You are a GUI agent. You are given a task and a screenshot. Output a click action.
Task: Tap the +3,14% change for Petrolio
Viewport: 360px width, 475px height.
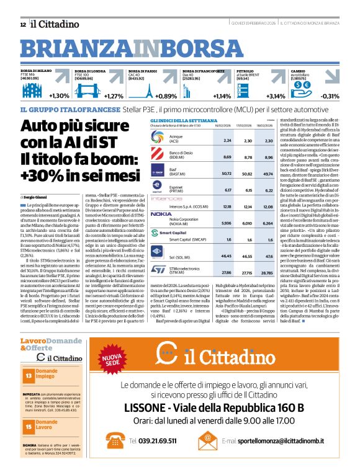pos(275,96)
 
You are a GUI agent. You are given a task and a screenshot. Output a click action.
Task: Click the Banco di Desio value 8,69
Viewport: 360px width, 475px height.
pos(227,158)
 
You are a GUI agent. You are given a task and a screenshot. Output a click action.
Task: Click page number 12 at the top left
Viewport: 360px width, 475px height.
pos(23,24)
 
